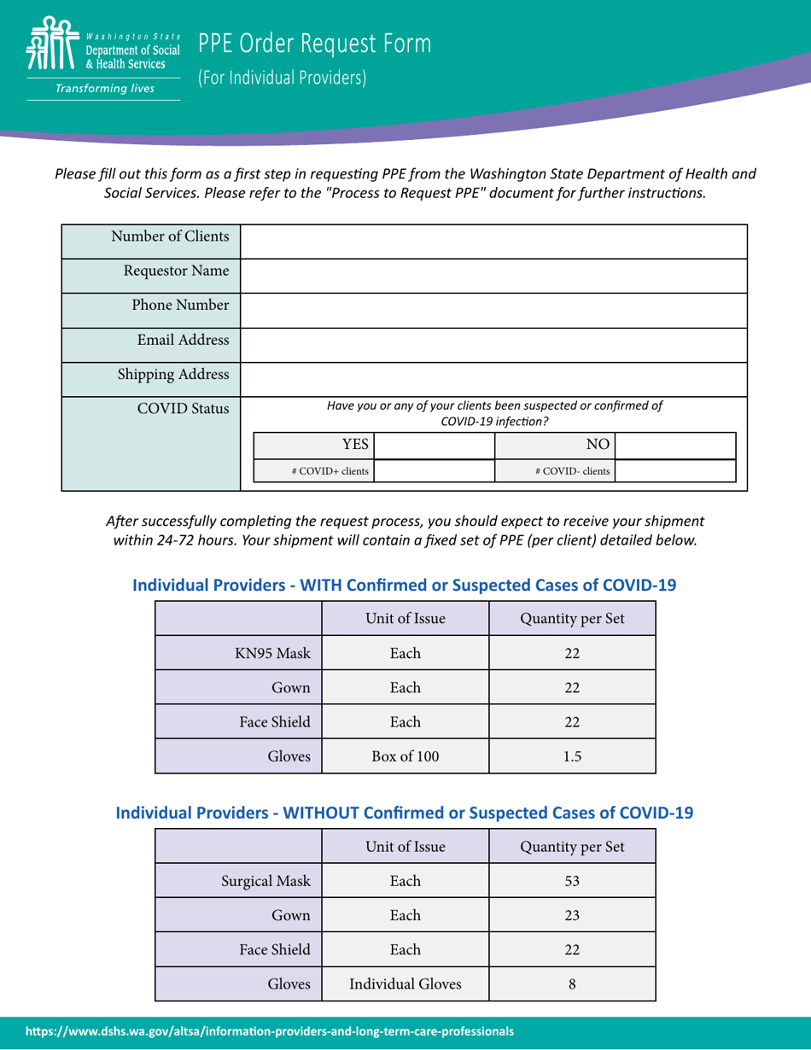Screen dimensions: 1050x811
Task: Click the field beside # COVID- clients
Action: (675, 470)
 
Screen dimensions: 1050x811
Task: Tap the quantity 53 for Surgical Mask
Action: (572, 880)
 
